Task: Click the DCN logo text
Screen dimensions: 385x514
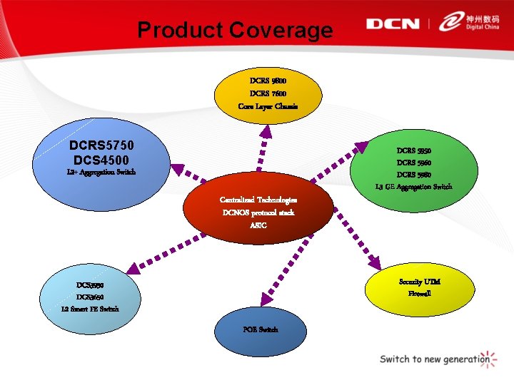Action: [393, 24]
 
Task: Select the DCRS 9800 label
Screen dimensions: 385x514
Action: [268, 80]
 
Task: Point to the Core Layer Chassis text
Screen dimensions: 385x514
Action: [268, 106]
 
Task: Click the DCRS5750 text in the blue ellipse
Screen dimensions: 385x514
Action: [103, 145]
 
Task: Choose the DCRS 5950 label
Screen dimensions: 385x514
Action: [414, 151]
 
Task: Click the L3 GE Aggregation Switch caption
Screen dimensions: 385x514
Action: [414, 187]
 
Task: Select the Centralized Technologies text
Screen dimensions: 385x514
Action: [258, 200]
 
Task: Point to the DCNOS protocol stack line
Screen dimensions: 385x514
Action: [258, 212]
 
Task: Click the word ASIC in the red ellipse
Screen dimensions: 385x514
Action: [258, 225]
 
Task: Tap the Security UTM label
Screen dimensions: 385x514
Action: [419, 282]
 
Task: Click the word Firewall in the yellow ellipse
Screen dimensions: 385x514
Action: [419, 293]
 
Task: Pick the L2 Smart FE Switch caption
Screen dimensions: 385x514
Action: [91, 309]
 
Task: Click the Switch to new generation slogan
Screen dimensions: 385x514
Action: [433, 359]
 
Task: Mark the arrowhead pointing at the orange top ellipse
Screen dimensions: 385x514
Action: [265, 130]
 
